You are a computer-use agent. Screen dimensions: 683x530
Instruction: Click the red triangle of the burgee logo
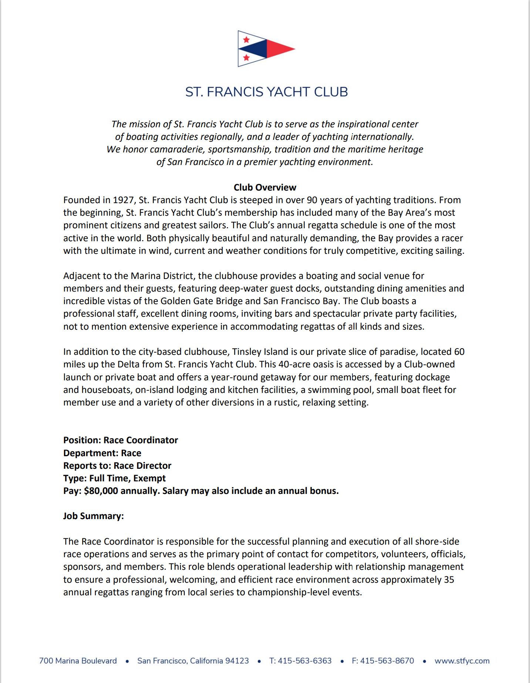[278, 49]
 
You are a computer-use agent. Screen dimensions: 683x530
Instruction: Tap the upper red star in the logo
[246, 40]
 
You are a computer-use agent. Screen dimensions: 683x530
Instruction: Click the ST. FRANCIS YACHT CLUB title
[266, 92]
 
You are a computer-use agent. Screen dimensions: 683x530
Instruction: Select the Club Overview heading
[265, 187]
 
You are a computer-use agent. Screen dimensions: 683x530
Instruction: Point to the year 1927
[123, 200]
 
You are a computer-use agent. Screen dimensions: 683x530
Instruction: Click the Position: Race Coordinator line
[121, 440]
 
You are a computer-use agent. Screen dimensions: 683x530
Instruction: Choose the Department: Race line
[102, 453]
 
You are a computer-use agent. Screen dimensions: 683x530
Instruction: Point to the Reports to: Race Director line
[117, 465]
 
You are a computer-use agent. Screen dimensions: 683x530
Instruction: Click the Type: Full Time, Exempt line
[114, 478]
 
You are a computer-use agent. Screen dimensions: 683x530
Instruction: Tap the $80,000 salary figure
[101, 491]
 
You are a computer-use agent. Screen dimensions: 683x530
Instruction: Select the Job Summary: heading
[93, 516]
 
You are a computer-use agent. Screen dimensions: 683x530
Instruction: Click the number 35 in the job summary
[449, 579]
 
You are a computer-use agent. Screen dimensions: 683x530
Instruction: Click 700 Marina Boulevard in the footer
[78, 661]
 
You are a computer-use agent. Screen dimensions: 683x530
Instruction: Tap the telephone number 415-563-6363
[304, 661]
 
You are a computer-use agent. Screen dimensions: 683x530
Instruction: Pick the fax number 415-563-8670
[387, 661]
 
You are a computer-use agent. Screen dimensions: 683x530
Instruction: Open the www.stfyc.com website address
[462, 661]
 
